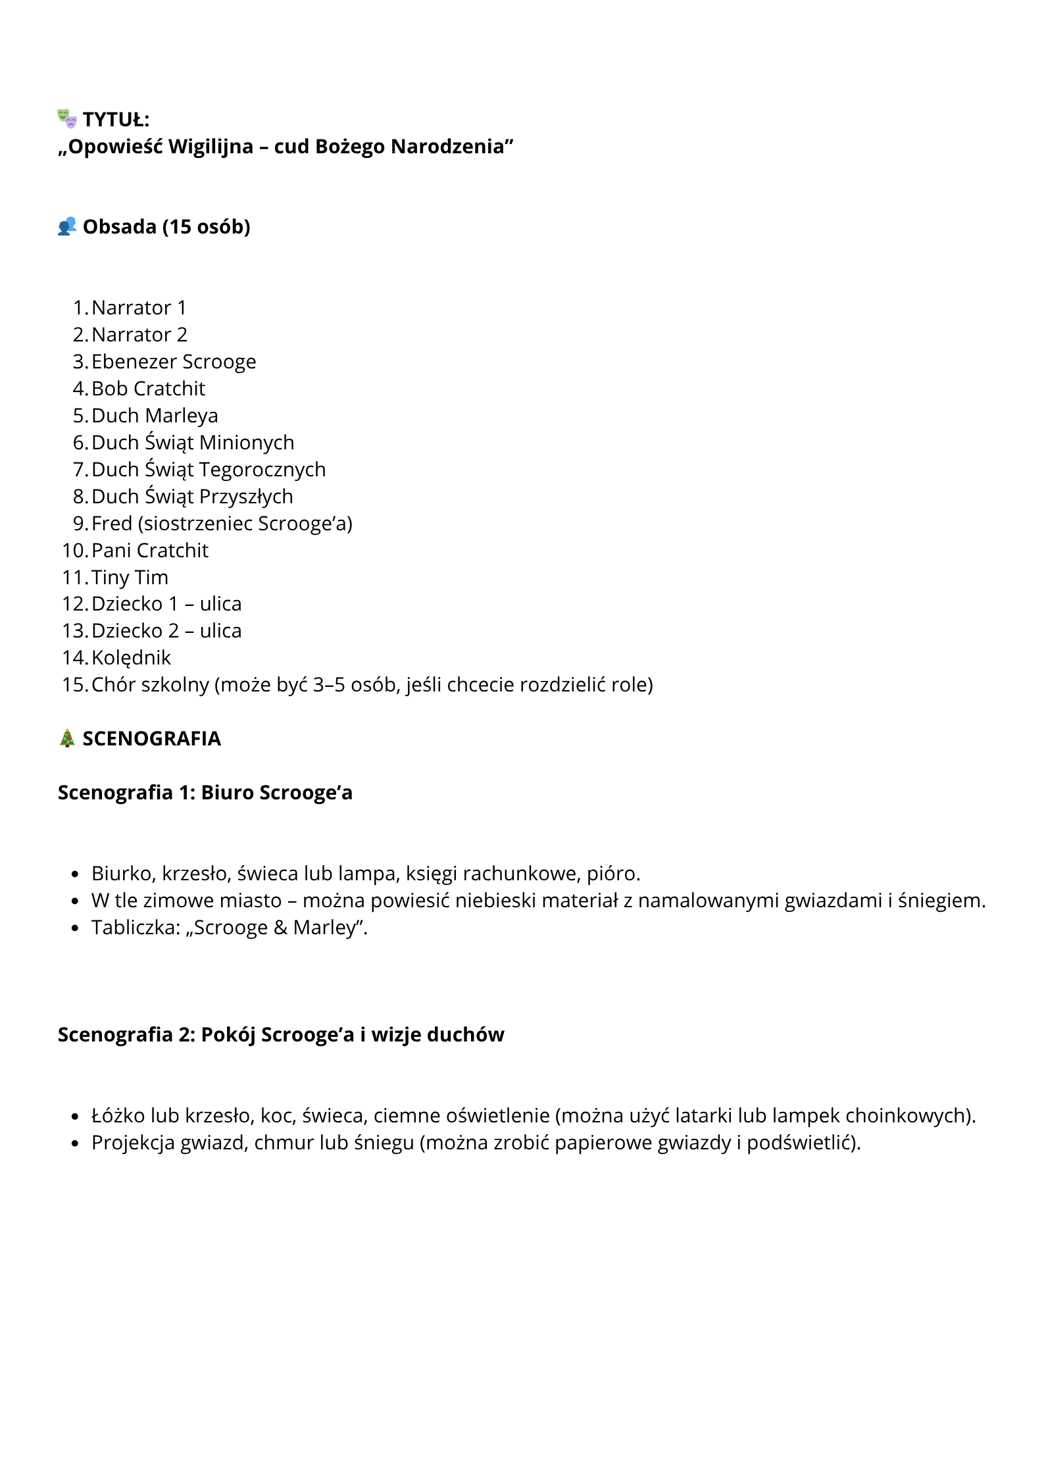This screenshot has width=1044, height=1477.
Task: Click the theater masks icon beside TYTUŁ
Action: click(67, 118)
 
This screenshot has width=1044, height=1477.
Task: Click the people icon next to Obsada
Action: click(67, 226)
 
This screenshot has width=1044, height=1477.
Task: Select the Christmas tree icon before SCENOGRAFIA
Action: click(67, 738)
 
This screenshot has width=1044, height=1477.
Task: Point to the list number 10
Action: click(74, 551)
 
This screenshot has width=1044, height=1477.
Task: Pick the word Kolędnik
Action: click(131, 658)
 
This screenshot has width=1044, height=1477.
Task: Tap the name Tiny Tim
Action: click(130, 578)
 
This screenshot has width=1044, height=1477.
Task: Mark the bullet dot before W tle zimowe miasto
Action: click(76, 901)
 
